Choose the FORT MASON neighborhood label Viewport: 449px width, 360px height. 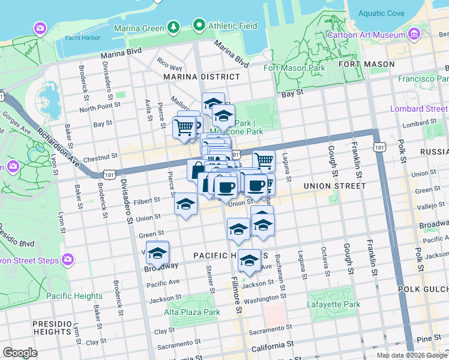pos(366,64)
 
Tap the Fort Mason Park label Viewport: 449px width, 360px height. pos(295,68)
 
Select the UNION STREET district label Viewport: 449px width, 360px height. pos(334,186)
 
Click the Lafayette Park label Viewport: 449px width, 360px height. pos(334,304)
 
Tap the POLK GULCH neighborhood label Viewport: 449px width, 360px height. pos(423,289)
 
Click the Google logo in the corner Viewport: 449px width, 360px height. pos(20,353)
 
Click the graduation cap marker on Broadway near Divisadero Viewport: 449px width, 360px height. pos(157,253)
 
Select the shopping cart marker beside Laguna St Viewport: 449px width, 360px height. pos(264,160)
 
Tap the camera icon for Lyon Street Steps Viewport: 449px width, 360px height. pos(67,260)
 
